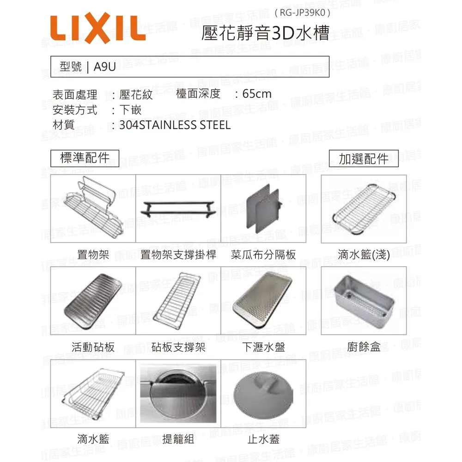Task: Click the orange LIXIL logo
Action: (x=98, y=28)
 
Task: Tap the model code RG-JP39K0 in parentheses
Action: (x=302, y=12)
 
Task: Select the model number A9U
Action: (x=104, y=67)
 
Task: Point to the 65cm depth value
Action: (x=256, y=94)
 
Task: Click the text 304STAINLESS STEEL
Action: (x=175, y=125)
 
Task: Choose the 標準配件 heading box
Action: (x=85, y=158)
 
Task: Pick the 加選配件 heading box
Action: (x=364, y=158)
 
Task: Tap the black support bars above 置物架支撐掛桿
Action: (x=178, y=209)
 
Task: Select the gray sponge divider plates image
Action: (x=263, y=209)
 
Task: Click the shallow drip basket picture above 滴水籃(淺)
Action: (x=363, y=209)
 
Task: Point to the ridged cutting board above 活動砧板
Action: (x=92, y=301)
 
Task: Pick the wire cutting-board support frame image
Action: (x=177, y=301)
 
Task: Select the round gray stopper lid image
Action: (x=263, y=394)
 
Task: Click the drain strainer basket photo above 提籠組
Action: (x=178, y=394)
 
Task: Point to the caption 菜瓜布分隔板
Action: (x=263, y=255)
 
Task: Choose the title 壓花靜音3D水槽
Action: (x=266, y=33)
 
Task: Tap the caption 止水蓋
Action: (x=263, y=439)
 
